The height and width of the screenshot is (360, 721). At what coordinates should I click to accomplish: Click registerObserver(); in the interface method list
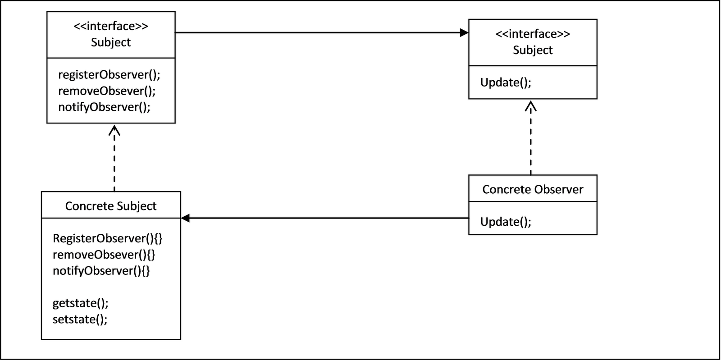109,75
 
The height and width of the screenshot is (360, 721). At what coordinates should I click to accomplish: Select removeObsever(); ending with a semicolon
107,91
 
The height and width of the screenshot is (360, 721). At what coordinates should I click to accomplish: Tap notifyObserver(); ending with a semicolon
104,107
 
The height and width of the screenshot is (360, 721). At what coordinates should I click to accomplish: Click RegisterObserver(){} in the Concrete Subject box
107,238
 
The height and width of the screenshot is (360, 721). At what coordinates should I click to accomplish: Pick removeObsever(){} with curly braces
104,255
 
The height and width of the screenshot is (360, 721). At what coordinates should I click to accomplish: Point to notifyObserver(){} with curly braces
101,271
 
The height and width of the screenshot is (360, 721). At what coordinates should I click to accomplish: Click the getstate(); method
80,303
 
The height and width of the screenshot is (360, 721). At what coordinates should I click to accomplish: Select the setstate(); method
80,319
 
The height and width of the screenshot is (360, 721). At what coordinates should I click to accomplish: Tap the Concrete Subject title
111,206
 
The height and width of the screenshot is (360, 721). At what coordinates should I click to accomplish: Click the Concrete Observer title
533,189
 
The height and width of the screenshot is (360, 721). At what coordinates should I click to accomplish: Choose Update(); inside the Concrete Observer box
506,222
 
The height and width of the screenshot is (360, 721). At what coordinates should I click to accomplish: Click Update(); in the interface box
506,82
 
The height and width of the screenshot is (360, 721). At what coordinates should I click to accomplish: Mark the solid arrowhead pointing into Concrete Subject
185,219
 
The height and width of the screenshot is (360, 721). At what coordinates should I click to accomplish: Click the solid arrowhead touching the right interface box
464,32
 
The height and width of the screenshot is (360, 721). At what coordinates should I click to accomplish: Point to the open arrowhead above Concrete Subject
114,130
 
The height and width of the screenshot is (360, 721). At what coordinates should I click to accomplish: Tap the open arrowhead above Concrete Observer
531,106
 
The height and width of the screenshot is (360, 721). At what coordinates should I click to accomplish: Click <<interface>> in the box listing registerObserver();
111,26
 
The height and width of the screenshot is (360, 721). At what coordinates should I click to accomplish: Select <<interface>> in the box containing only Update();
533,34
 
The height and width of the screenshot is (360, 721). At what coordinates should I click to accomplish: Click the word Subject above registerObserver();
111,42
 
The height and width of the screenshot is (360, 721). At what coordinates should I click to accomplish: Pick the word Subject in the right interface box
533,50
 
